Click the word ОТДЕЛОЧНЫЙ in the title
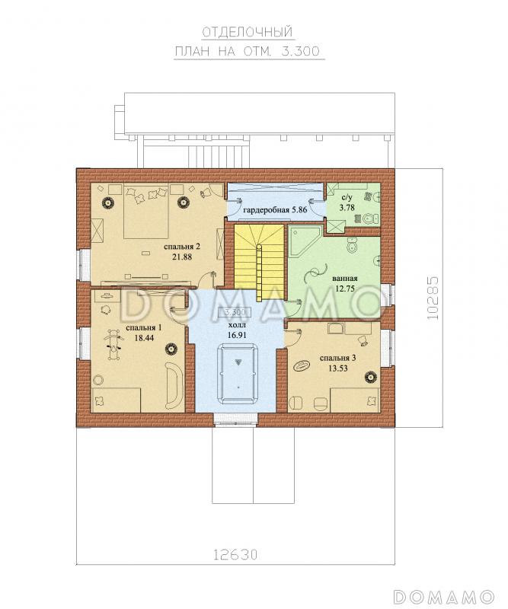[x=248, y=33]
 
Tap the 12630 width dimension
[x=235, y=554]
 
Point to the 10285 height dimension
[x=432, y=298]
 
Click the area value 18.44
[x=144, y=338]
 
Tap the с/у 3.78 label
[x=347, y=203]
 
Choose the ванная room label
[x=345, y=279]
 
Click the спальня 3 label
[x=337, y=358]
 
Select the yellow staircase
[x=259, y=258]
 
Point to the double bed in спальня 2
[x=146, y=212]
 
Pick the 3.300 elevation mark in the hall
[x=235, y=312]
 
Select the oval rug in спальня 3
[x=302, y=365]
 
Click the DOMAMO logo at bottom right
[x=443, y=596]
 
